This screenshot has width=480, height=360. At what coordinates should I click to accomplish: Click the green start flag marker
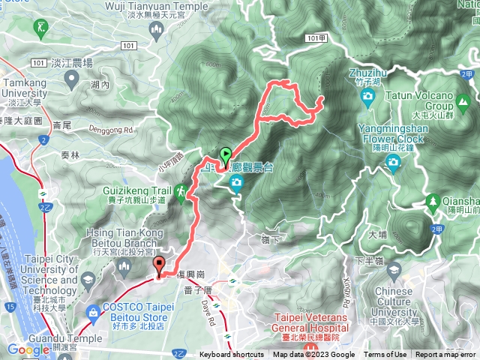pos(225,156)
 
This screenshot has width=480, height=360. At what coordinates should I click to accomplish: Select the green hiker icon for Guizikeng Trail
pos(181,193)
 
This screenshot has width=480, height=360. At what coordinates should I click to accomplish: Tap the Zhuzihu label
pos(367,73)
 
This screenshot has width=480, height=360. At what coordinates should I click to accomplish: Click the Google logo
pos(28,349)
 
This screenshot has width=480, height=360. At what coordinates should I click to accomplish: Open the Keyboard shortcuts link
pos(231,355)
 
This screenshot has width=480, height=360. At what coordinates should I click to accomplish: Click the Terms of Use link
pos(385,355)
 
